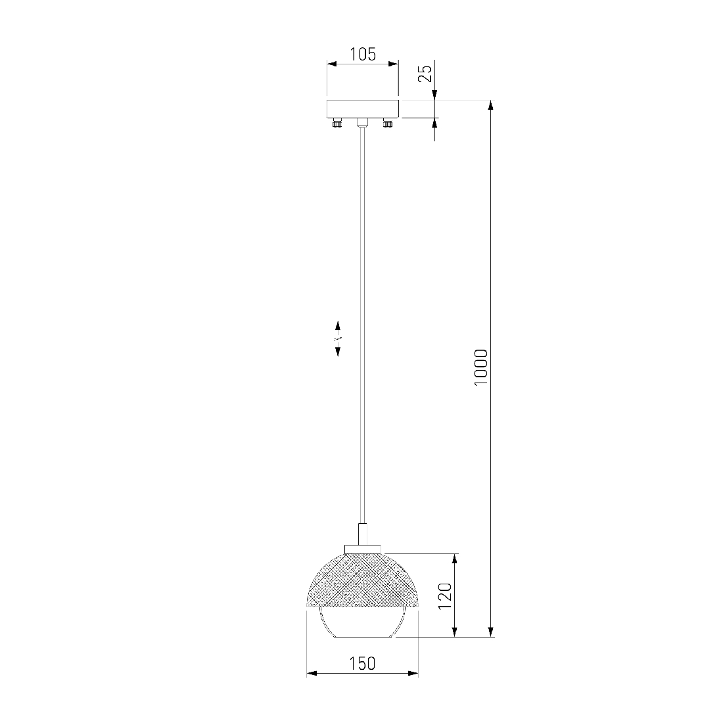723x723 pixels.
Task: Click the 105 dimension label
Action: pyautogui.click(x=363, y=55)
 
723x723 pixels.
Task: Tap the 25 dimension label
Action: pyautogui.click(x=426, y=74)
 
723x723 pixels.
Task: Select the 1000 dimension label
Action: pyautogui.click(x=481, y=367)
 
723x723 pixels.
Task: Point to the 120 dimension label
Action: pyautogui.click(x=445, y=595)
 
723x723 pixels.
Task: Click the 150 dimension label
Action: pyautogui.click(x=362, y=664)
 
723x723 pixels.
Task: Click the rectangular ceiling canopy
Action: pyautogui.click(x=363, y=108)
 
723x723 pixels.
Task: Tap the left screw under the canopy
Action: pyautogui.click(x=337, y=123)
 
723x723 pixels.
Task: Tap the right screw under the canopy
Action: pyautogui.click(x=388, y=123)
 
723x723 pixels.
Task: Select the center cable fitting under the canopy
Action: pyautogui.click(x=362, y=123)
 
